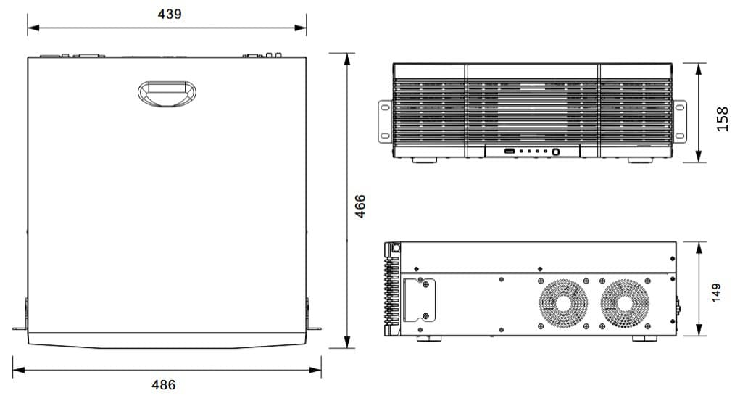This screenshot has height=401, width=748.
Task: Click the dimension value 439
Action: pyautogui.click(x=170, y=14)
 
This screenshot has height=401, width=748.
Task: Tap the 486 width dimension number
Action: pyautogui.click(x=164, y=385)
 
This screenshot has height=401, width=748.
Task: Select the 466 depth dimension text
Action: pyautogui.click(x=360, y=206)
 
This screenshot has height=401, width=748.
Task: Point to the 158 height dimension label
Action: pyautogui.click(x=722, y=120)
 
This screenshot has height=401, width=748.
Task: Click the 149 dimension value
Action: pyautogui.click(x=716, y=293)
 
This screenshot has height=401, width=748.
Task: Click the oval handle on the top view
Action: pyautogui.click(x=167, y=94)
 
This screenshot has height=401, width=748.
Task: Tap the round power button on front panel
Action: pyautogui.click(x=556, y=152)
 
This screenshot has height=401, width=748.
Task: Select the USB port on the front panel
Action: pyautogui.click(x=510, y=152)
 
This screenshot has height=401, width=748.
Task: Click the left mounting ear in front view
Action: pyautogui.click(x=385, y=121)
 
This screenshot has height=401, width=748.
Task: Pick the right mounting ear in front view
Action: pyautogui.click(x=679, y=121)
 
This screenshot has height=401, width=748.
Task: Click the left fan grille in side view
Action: pyautogui.click(x=563, y=303)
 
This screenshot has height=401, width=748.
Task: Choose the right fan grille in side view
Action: pyautogui.click(x=625, y=303)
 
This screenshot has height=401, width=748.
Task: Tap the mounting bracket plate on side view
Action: pyautogui.click(x=420, y=300)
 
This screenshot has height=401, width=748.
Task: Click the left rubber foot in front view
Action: pyautogui.click(x=425, y=160)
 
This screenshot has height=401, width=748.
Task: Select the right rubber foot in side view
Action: pyautogui.click(x=644, y=339)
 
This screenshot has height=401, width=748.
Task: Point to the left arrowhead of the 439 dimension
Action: pyautogui.click(x=33, y=28)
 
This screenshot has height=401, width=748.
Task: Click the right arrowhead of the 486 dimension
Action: pyautogui.click(x=315, y=370)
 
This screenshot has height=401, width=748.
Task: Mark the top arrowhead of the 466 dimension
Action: pyautogui.click(x=347, y=59)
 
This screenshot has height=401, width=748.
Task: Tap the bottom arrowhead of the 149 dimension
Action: pyautogui.click(x=699, y=330)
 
